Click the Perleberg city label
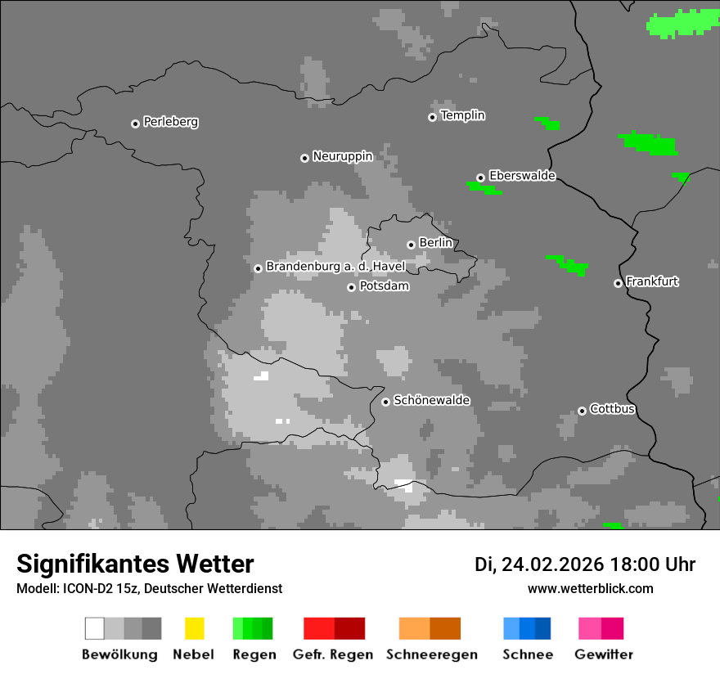pos(170,122)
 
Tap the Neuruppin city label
pos(342,156)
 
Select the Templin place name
pos(462,115)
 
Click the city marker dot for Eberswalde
pos(480,178)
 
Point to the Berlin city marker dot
pos(411,245)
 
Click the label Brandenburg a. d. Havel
pos(335,267)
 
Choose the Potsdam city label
pos(384,286)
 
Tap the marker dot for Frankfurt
pos(618,283)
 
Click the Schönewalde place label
pos(431,401)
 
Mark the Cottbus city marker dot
pos(582,411)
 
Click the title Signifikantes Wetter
pos(135,564)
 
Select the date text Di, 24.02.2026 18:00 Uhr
pos(584,564)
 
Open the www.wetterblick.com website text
pos(590,589)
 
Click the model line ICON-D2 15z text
pos(149,589)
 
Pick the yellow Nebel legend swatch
pos(194,628)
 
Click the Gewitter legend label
pos(603,654)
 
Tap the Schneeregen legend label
pos(431,654)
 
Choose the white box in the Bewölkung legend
pos(95,628)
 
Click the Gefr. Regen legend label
pos(333,654)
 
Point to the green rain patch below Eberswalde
pos(484,188)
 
